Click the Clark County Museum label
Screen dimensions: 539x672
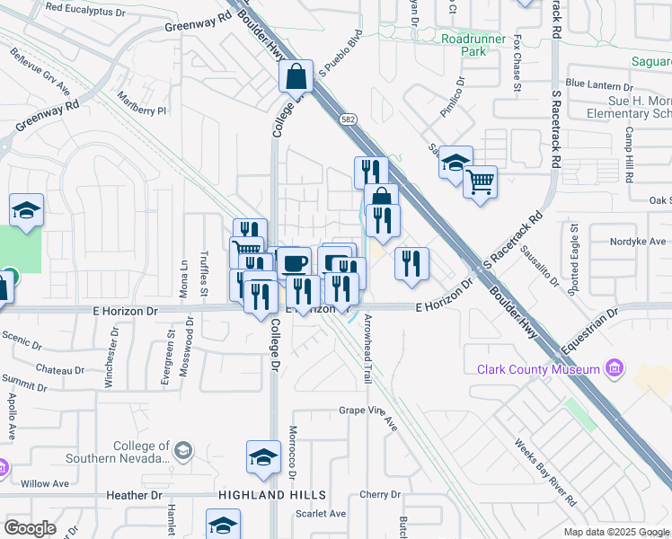(538, 370)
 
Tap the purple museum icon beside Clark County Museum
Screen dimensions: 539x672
(615, 368)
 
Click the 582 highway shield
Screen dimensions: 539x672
(348, 119)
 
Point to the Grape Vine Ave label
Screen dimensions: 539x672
(367, 414)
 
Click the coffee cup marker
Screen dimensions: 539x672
(294, 263)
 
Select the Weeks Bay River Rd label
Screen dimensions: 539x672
(545, 473)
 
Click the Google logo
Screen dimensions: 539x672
(30, 527)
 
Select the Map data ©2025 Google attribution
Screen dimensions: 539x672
(615, 532)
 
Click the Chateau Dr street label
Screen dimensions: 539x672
(59, 370)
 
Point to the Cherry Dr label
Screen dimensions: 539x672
(379, 494)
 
